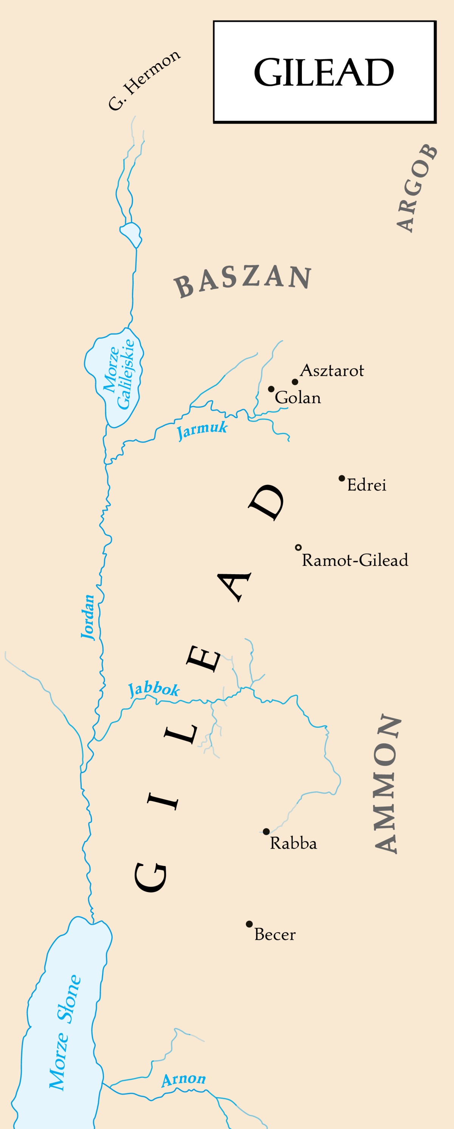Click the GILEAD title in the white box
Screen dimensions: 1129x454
(x=324, y=73)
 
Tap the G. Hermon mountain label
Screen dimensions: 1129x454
(x=144, y=81)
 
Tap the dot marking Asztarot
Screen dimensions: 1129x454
(x=295, y=382)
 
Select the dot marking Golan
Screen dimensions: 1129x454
(x=271, y=389)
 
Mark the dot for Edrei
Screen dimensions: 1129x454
(x=342, y=478)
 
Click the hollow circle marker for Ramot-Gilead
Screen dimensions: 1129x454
(x=299, y=547)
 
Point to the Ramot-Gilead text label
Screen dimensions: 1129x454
(x=355, y=560)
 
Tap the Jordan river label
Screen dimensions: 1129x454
(x=89, y=617)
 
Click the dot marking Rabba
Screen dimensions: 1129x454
(x=266, y=832)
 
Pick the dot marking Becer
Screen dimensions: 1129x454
(x=249, y=924)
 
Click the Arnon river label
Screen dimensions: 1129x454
(x=183, y=1079)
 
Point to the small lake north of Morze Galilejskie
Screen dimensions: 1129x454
(x=131, y=234)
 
